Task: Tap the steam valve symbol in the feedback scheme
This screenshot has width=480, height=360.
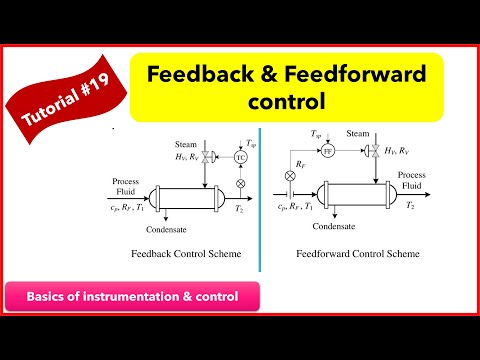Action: [207, 158]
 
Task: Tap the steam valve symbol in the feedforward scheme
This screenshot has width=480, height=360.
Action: [362, 151]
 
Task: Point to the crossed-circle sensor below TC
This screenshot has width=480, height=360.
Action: [240, 184]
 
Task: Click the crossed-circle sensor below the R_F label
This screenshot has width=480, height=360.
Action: [292, 175]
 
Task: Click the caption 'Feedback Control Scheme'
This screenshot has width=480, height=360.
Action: [186, 254]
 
